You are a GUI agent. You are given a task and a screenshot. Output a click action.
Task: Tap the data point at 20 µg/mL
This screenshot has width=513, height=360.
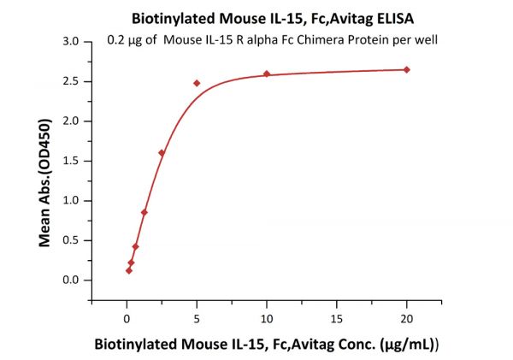[x=406, y=69]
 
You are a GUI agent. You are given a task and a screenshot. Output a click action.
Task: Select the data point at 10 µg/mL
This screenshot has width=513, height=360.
[x=267, y=74]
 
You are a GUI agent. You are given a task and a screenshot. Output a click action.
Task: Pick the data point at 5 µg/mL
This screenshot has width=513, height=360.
[x=197, y=83]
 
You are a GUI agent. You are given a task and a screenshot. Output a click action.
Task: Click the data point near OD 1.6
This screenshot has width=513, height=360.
[x=162, y=153]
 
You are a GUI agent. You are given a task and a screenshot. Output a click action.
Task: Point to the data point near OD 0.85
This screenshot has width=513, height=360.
[x=144, y=212]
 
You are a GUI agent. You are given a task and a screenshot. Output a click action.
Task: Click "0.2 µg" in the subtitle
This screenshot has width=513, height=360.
[x=127, y=38]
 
